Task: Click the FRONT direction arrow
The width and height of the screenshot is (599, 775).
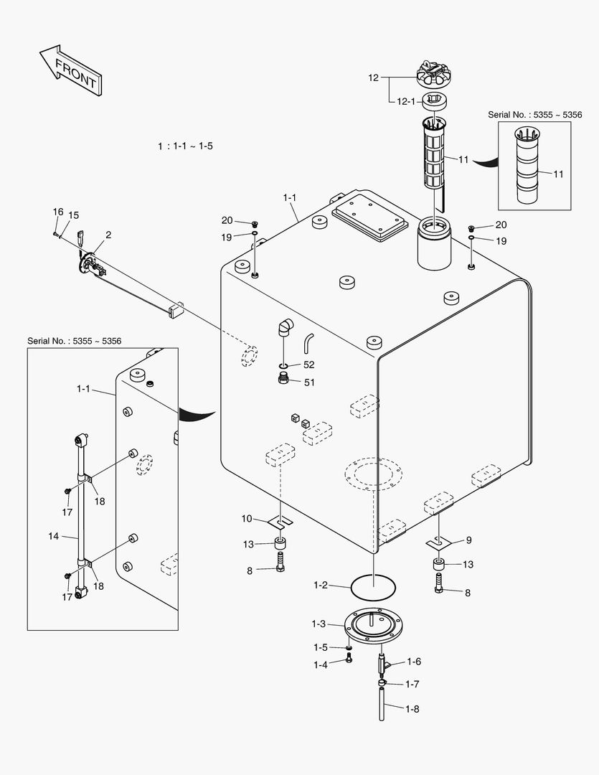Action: point(70,70)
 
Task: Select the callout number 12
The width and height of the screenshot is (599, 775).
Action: point(373,77)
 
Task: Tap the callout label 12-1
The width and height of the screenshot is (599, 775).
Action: point(406,102)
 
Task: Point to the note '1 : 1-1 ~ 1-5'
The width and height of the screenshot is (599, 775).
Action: point(185,146)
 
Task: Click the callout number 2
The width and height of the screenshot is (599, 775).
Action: point(108,235)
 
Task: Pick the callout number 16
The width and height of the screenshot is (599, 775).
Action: point(58,212)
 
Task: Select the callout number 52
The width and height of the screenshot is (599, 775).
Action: point(308,365)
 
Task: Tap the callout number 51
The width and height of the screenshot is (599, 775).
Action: point(309,382)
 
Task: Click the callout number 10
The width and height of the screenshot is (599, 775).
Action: point(247,518)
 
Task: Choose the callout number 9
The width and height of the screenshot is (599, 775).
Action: point(468,540)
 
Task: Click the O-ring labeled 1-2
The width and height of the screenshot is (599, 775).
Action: point(374,587)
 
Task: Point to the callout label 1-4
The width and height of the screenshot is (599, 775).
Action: point(320,665)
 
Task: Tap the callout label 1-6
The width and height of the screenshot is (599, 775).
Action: point(413,662)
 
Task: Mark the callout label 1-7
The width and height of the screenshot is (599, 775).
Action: point(412,684)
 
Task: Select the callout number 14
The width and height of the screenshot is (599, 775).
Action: point(53,535)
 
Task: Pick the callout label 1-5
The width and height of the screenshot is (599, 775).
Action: point(320,647)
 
